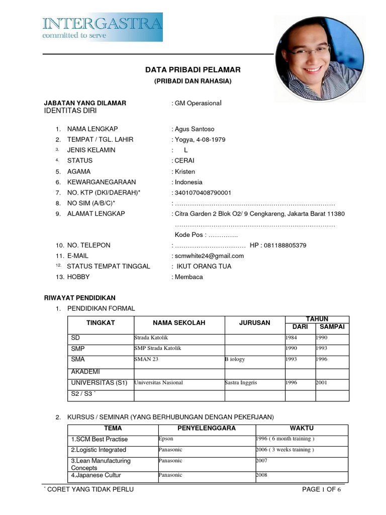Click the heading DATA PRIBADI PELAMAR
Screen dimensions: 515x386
193,69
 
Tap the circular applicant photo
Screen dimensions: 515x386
318,58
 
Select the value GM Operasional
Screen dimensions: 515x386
198,103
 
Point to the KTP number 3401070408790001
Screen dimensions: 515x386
203,193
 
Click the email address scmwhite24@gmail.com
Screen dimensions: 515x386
209,256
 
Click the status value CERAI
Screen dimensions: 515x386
184,161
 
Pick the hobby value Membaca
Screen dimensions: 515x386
189,277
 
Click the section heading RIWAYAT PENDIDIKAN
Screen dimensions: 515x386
80,298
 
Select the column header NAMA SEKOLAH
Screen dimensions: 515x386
179,323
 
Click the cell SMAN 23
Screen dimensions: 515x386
146,360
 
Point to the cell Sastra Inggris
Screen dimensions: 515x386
241,383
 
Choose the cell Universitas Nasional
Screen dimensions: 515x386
158,383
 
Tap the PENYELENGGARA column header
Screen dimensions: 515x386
206,428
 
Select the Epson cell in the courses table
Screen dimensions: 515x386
166,439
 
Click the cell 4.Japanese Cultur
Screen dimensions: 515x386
96,475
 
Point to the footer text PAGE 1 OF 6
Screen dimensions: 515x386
321,490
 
